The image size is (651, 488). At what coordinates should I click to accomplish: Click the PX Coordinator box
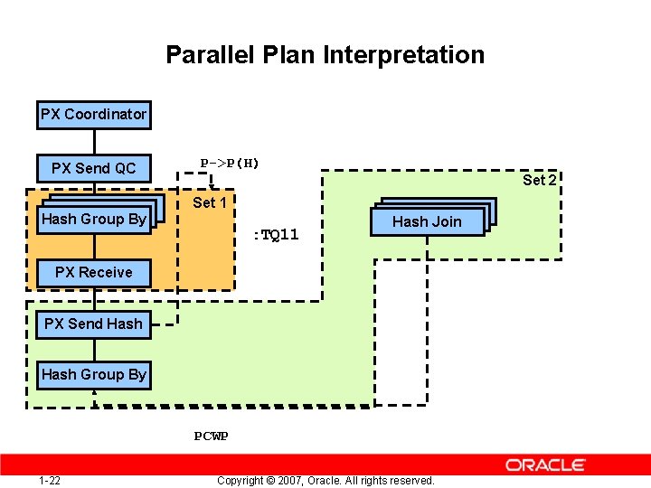(93, 115)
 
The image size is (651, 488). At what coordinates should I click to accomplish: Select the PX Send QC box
(93, 168)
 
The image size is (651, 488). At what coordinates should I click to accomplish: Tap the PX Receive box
(93, 272)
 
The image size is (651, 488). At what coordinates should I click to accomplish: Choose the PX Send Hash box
(93, 324)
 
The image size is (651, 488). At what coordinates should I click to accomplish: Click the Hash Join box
(427, 221)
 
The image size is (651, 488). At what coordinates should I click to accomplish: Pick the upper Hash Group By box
(93, 219)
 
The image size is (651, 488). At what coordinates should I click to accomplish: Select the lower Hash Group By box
(93, 374)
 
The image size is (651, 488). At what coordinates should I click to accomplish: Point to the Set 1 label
(210, 202)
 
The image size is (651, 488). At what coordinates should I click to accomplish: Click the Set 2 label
(539, 180)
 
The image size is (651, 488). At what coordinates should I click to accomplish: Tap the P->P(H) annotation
(230, 163)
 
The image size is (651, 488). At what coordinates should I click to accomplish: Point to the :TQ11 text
(275, 235)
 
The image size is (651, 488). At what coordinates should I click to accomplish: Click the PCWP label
(211, 436)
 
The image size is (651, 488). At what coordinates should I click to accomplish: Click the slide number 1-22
(50, 480)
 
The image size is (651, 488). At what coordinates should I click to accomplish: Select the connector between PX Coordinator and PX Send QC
(94, 141)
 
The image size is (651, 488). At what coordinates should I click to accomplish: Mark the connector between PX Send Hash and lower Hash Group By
(94, 349)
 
